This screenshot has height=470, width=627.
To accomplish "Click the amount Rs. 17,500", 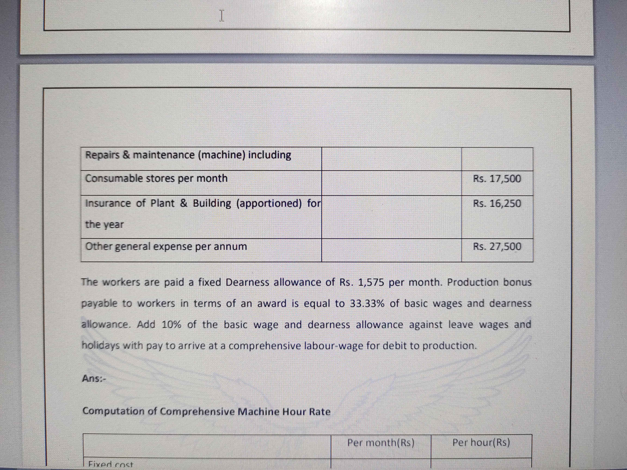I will coord(497,179).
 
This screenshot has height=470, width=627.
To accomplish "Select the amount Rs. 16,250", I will coord(497,203).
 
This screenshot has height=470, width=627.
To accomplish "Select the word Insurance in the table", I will coord(108,203).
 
